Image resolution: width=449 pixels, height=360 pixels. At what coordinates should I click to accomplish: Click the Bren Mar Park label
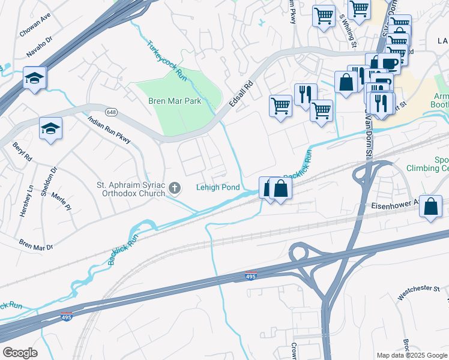tap(175, 101)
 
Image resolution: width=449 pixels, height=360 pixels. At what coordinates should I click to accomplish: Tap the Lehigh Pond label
tap(218, 187)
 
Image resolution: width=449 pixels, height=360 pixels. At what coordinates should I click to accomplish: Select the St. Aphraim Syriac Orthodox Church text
tap(131, 189)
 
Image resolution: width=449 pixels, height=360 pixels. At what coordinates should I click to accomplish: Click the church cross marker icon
tap(175, 189)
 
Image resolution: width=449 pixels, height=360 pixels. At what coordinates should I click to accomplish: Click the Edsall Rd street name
tap(241, 95)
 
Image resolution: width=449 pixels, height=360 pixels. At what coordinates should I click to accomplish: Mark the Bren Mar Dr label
tap(35, 246)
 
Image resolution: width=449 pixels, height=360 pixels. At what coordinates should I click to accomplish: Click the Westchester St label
tap(418, 293)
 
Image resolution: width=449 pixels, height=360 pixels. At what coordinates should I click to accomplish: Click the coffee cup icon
tap(390, 63)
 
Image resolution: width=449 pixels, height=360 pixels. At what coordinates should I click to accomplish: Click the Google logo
tap(20, 352)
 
